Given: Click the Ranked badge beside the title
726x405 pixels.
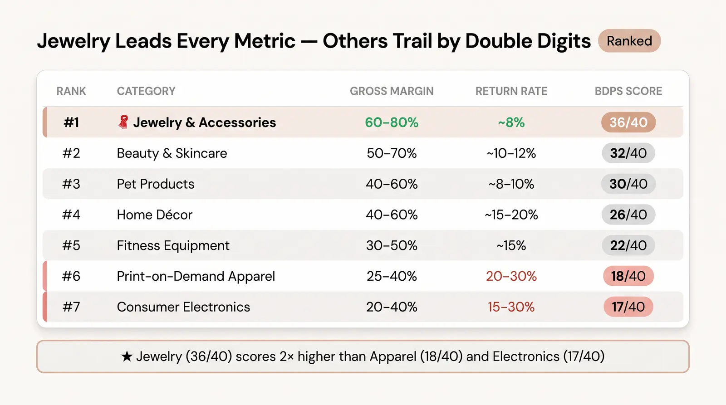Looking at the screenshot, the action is pyautogui.click(x=629, y=41).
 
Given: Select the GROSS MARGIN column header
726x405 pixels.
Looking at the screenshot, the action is pyautogui.click(x=392, y=91).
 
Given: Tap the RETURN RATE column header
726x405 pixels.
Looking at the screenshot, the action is pyautogui.click(x=511, y=91).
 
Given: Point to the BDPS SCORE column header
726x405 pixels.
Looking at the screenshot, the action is pyautogui.click(x=628, y=91).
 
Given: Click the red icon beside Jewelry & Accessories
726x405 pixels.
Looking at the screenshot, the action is pyautogui.click(x=123, y=122).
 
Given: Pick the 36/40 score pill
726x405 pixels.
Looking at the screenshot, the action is pyautogui.click(x=628, y=122).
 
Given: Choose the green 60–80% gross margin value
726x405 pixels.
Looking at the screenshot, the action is pyautogui.click(x=392, y=122).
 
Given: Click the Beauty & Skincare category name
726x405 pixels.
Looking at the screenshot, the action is pyautogui.click(x=172, y=153).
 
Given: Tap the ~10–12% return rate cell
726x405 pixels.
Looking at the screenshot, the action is pyautogui.click(x=511, y=153).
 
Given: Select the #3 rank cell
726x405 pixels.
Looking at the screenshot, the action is pyautogui.click(x=71, y=184).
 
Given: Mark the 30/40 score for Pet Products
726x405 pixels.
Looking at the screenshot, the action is pyautogui.click(x=628, y=184).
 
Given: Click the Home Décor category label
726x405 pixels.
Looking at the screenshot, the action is pyautogui.click(x=155, y=215).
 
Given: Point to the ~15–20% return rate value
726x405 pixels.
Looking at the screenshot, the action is pyautogui.click(x=511, y=215).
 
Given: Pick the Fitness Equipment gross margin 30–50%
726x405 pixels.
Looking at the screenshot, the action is pyautogui.click(x=392, y=246).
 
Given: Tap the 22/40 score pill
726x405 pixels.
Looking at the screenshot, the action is pyautogui.click(x=628, y=245).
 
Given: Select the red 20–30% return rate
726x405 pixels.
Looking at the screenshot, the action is pyautogui.click(x=511, y=276).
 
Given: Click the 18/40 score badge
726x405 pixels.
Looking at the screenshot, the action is pyautogui.click(x=628, y=276).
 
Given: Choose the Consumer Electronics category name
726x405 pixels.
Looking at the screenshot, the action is pyautogui.click(x=183, y=307).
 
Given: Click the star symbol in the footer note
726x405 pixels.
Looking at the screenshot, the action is pyautogui.click(x=127, y=356).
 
